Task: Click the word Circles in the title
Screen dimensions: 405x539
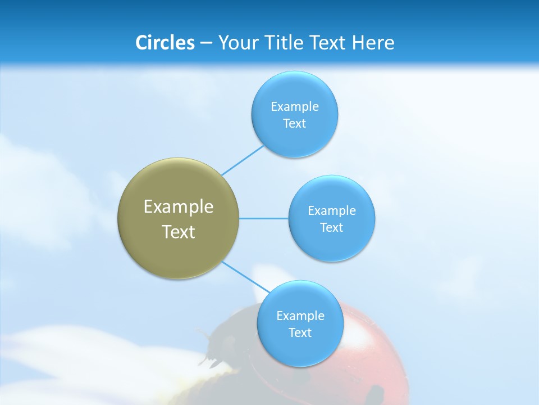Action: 165,43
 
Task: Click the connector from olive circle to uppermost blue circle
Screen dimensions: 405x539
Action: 243,160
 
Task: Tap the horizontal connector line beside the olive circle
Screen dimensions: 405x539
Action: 263,218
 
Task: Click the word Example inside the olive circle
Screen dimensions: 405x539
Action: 178,207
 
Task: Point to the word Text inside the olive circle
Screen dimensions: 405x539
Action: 178,232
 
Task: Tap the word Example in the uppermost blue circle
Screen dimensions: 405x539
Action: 294,107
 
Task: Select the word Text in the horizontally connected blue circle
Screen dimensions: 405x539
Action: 331,227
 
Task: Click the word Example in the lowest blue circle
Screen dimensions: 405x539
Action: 300,316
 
